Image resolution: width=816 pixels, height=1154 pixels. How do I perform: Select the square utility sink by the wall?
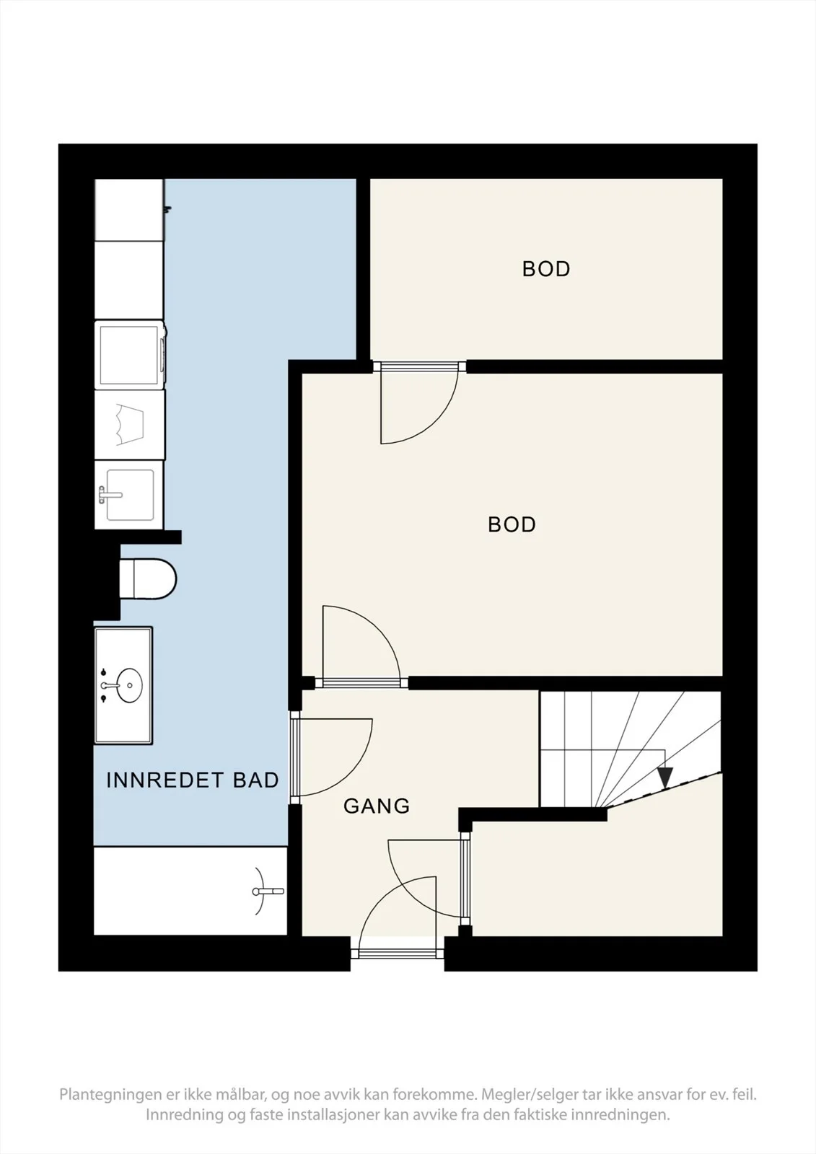click(x=129, y=495)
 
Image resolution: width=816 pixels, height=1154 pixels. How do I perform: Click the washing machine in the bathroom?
click(x=131, y=354)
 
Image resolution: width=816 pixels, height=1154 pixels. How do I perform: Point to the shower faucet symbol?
click(x=267, y=891)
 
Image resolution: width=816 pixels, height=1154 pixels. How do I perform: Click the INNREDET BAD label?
click(x=192, y=780)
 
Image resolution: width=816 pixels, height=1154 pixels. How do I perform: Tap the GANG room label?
click(x=377, y=806)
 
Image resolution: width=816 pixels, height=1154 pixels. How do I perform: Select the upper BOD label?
click(x=546, y=269)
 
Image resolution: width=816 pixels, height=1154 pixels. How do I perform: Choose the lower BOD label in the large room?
click(x=512, y=524)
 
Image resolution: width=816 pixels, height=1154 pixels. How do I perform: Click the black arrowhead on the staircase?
click(x=665, y=777)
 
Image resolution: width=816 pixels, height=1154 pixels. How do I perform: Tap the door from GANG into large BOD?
click(x=361, y=647)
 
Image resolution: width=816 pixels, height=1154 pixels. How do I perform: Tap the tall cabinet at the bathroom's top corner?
click(x=129, y=209)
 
